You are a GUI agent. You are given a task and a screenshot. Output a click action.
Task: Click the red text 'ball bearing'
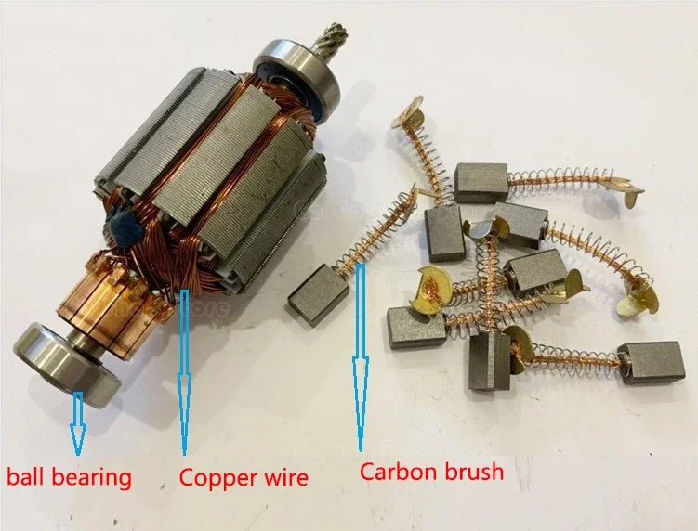(70, 478)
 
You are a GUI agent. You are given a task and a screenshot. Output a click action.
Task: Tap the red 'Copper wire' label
(243, 478)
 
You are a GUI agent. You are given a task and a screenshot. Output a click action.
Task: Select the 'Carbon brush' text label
(431, 472)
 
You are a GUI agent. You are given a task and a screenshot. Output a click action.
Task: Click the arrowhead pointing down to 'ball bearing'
(76, 435)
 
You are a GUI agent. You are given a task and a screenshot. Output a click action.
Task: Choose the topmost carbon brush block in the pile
(481, 182)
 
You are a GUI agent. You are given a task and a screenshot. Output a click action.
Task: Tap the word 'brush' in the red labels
(474, 472)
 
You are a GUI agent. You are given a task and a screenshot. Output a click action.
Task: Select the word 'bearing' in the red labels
(93, 478)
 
